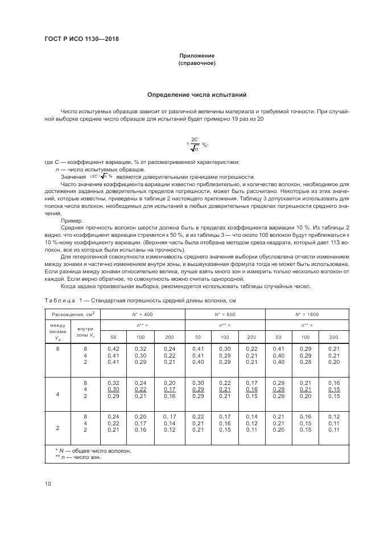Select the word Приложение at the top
pyautogui.click(x=196, y=55)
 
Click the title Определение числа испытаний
pyautogui.click(x=196, y=94)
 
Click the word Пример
pyautogui.click(x=71, y=220)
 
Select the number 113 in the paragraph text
pyautogui.click(x=320, y=241)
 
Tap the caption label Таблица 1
pyautogui.click(x=60, y=300)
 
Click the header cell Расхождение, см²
pyautogui.click(x=73, y=314)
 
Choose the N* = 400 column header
pyautogui.click(x=143, y=314)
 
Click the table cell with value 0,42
pyautogui.click(x=113, y=348)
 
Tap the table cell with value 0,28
pyautogui.click(x=305, y=362)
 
